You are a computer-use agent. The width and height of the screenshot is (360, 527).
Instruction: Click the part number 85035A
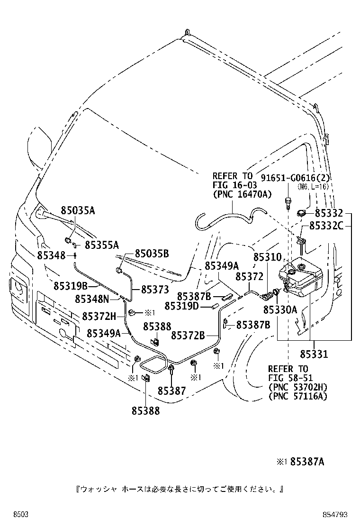point(78,210)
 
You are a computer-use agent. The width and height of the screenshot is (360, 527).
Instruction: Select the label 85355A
point(102,245)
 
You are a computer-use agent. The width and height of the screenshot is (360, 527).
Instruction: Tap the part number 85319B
point(71,286)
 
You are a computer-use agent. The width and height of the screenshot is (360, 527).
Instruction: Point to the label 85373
point(155,290)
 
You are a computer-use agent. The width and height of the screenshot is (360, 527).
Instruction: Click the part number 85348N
point(92,299)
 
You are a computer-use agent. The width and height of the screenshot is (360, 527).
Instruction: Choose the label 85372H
point(99,316)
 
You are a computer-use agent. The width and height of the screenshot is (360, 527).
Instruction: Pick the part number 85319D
point(182,306)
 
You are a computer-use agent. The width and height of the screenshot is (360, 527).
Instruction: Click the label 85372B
point(189,336)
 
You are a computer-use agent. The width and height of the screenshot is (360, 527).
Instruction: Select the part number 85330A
point(280,309)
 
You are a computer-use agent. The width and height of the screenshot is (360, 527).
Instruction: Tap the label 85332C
point(326,226)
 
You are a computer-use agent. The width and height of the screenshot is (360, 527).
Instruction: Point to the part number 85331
point(314,354)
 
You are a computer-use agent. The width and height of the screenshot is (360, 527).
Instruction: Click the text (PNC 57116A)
point(297,396)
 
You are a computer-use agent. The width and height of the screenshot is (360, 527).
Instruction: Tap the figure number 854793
point(335,515)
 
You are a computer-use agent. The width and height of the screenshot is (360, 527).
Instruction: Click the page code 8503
point(21,515)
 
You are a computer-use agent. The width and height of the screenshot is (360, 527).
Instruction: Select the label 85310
point(267,257)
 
